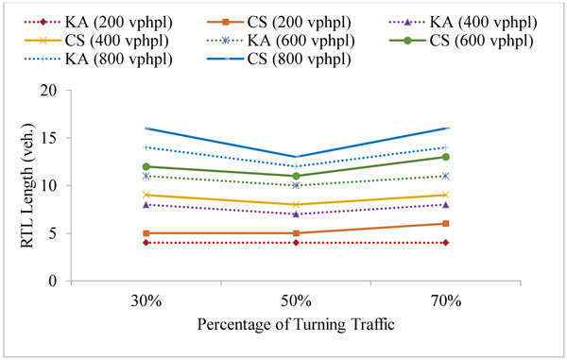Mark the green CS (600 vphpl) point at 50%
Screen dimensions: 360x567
coord(297,176)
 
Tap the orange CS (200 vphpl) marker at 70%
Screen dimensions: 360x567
coord(445,223)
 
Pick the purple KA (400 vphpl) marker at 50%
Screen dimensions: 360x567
coord(297,214)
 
